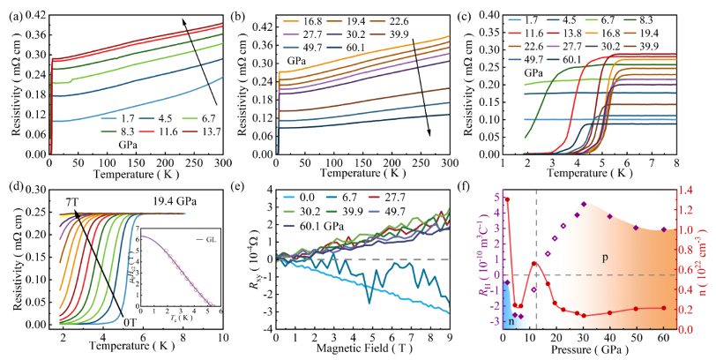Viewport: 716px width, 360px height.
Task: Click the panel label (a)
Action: coord(14,15)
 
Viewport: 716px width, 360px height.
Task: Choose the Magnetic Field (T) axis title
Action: coord(362,352)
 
